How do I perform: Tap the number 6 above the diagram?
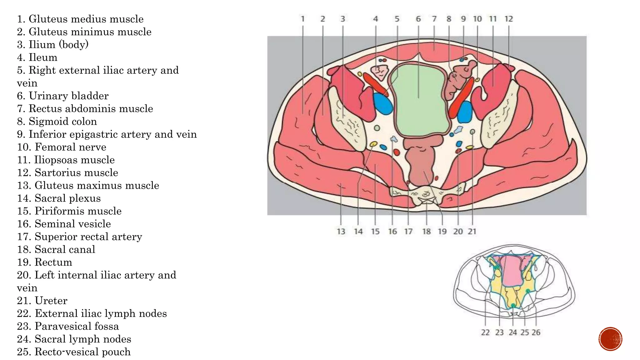click(x=418, y=19)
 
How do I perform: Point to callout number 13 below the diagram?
click(x=341, y=232)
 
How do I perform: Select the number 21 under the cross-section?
click(x=472, y=232)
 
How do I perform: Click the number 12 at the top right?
click(x=508, y=19)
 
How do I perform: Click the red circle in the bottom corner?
click(x=610, y=339)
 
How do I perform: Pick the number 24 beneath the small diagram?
click(x=512, y=332)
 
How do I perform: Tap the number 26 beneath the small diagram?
click(x=536, y=332)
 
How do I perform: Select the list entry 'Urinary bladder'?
click(x=62, y=96)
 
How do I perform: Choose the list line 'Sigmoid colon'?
click(x=57, y=121)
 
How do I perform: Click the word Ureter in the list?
click(x=51, y=301)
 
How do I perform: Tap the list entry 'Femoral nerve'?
click(x=62, y=147)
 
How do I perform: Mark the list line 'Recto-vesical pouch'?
click(x=74, y=352)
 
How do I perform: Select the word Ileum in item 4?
click(x=43, y=57)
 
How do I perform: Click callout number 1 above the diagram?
click(x=302, y=19)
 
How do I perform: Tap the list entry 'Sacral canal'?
click(x=56, y=249)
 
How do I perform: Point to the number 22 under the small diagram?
click(x=485, y=332)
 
